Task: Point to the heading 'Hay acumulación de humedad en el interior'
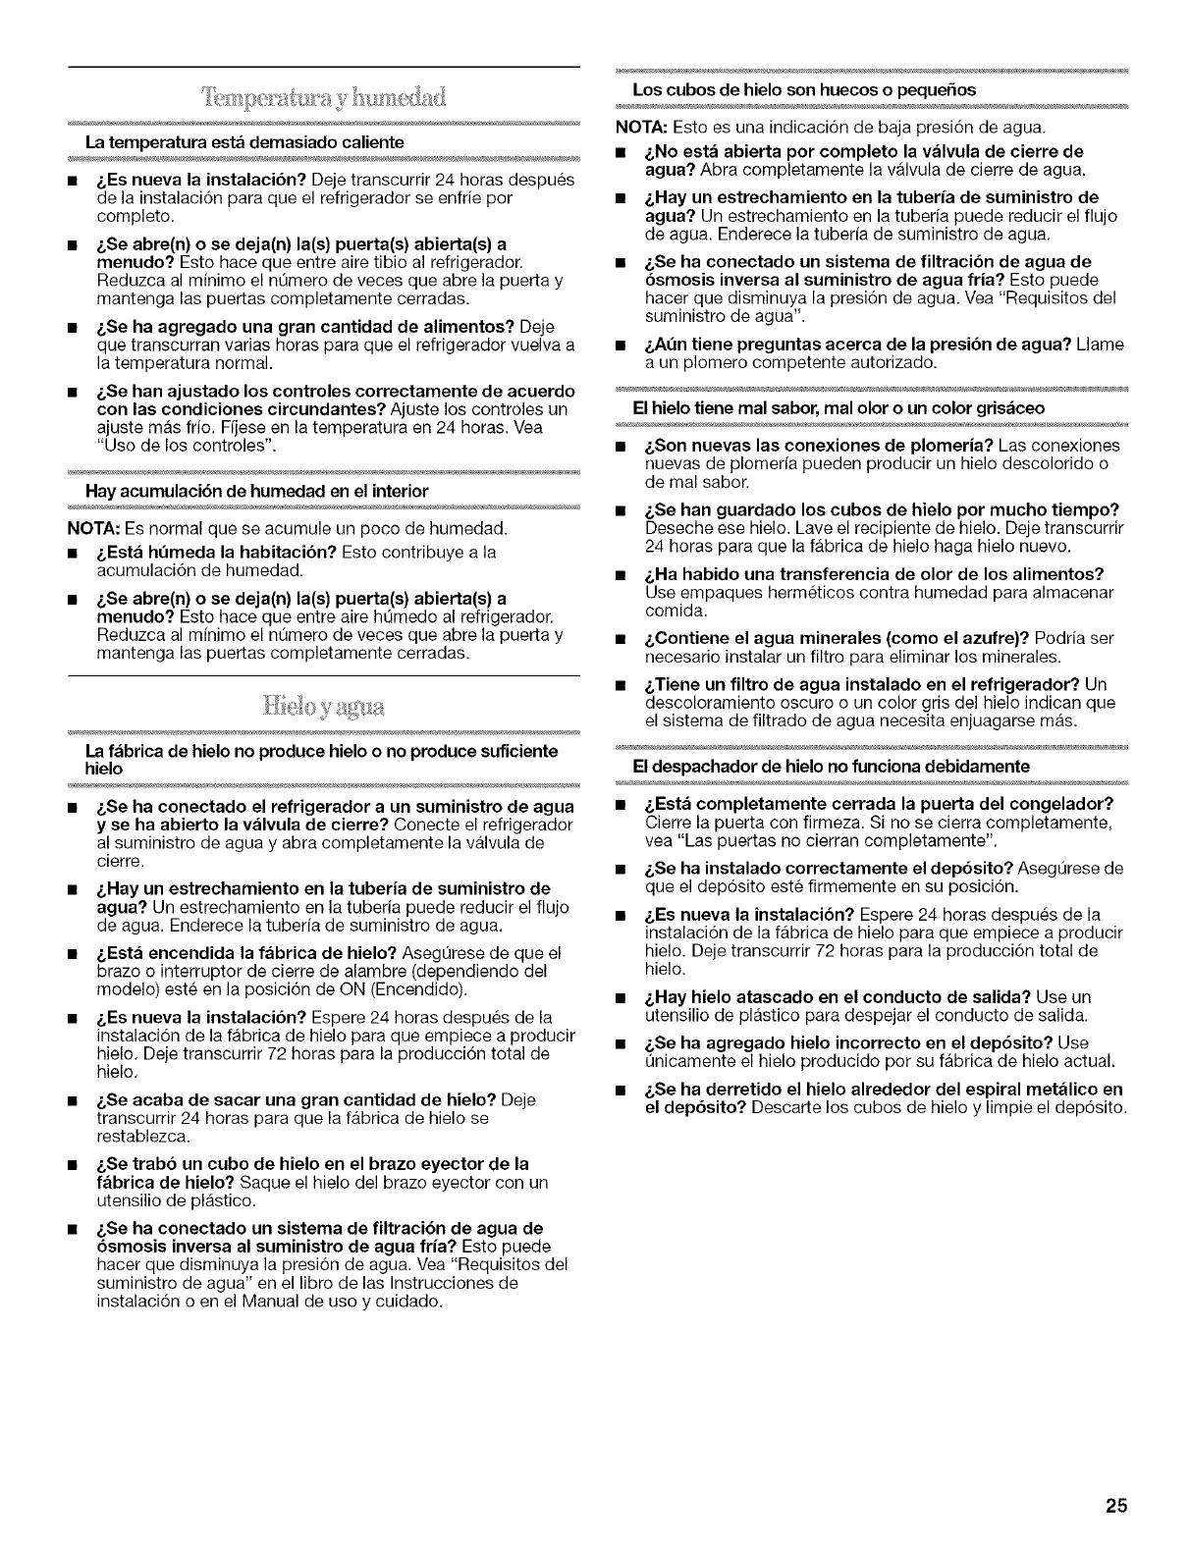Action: tap(257, 490)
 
